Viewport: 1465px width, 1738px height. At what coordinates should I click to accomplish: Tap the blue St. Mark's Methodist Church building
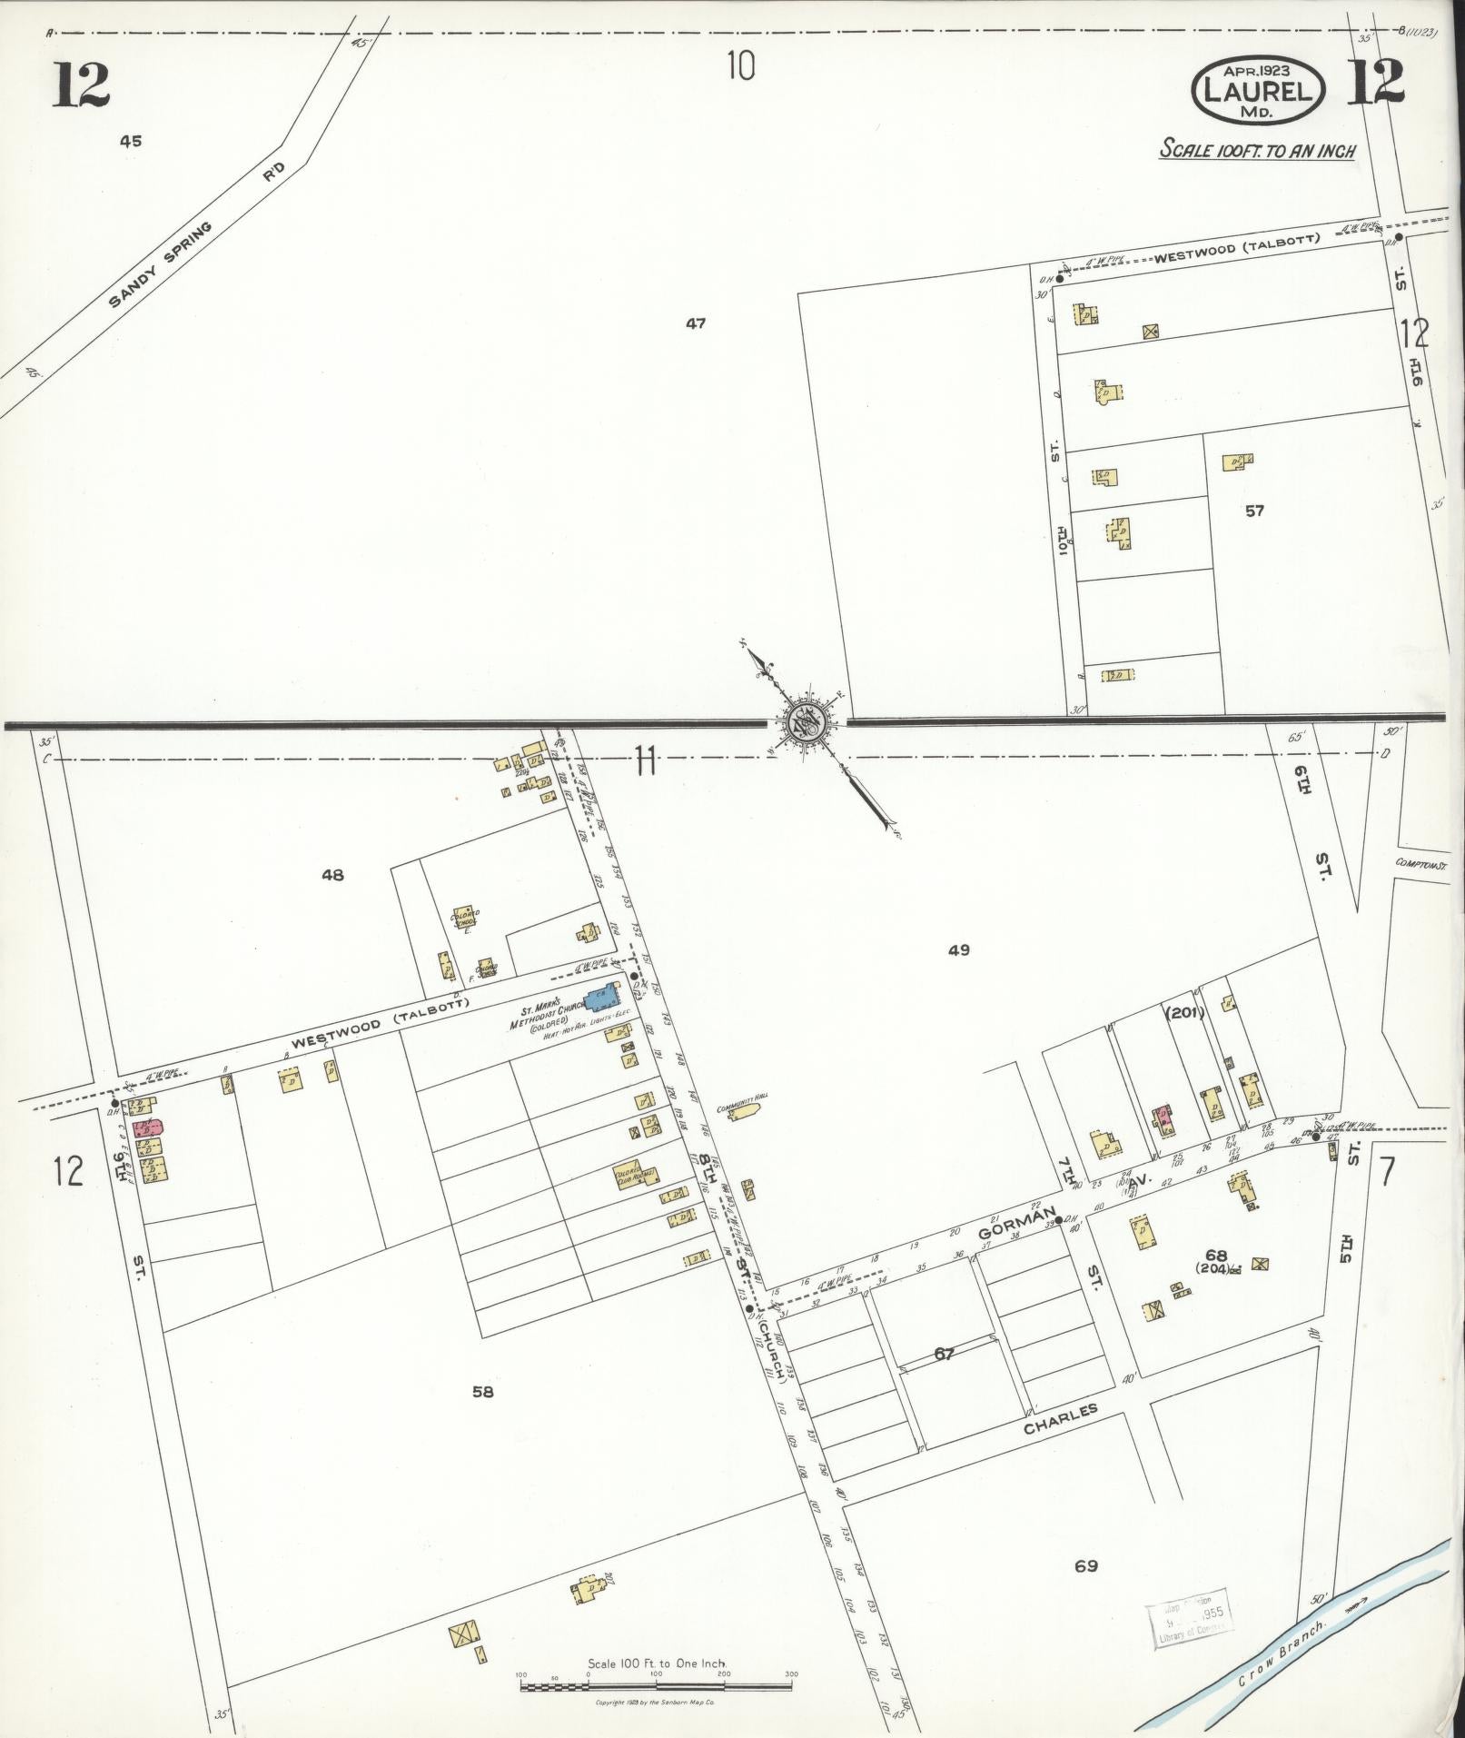pyautogui.click(x=599, y=998)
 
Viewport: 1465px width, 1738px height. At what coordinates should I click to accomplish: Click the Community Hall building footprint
pyautogui.click(x=745, y=1111)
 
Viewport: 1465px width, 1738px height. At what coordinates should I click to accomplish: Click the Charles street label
pyautogui.click(x=1061, y=1419)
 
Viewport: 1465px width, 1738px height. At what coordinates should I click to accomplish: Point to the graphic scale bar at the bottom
pyautogui.click(x=657, y=1659)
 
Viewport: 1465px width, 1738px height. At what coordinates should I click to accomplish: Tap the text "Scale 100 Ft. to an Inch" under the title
pyautogui.click(x=1256, y=150)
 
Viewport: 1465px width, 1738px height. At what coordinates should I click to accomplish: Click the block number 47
pyautogui.click(x=696, y=323)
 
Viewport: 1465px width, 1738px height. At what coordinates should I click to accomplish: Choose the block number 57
pyautogui.click(x=1254, y=511)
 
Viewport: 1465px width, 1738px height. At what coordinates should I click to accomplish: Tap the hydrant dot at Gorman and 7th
pyautogui.click(x=1058, y=1219)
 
